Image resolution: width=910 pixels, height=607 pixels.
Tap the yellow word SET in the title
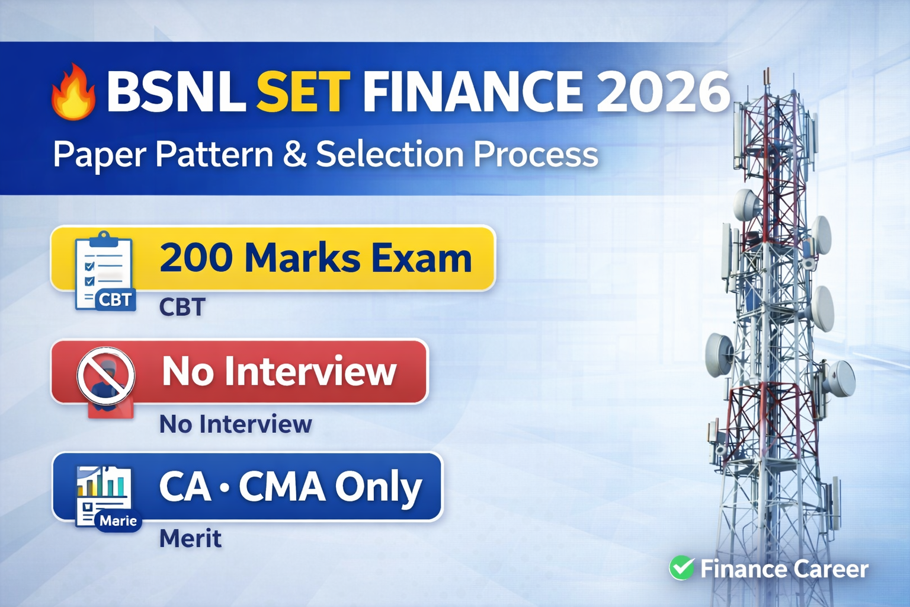tap(303, 91)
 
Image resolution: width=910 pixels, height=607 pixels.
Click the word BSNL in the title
tap(176, 91)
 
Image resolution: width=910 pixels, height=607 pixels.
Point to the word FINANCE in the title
tap(472, 91)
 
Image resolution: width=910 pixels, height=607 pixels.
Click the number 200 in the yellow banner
tap(196, 258)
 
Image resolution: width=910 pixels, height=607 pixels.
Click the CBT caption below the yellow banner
tap(182, 307)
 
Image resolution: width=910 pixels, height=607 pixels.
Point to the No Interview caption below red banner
tap(235, 424)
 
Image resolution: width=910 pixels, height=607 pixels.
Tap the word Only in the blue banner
tap(379, 487)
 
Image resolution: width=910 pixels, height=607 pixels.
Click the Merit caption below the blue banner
tap(190, 538)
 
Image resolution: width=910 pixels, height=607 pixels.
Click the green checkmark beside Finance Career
tap(682, 568)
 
